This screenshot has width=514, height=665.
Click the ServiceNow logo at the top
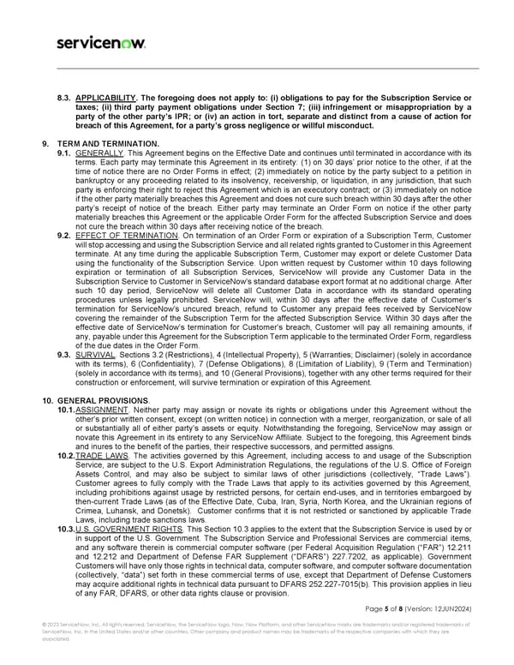[x=100, y=43]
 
